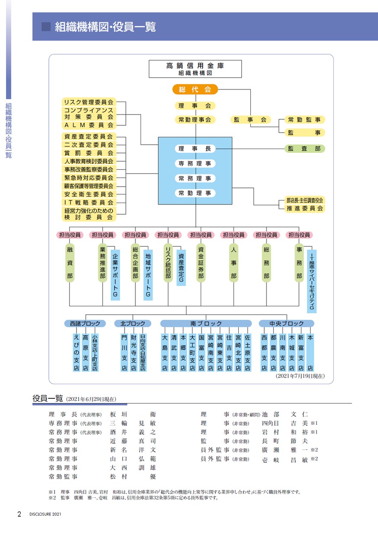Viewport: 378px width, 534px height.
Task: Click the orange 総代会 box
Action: click(195, 89)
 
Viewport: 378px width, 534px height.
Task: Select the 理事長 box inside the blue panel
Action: click(195, 149)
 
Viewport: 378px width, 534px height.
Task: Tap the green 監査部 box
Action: click(305, 149)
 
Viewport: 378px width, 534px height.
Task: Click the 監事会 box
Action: click(250, 119)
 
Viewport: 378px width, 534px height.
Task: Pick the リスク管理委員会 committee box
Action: click(89, 102)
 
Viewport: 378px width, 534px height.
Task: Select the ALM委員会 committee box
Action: click(89, 125)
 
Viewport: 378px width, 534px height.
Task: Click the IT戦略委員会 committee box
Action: click(89, 202)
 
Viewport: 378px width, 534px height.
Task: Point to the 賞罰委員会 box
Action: click(89, 153)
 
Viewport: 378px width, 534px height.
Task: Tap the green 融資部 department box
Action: click(70, 263)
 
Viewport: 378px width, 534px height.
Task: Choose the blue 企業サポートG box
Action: click(115, 275)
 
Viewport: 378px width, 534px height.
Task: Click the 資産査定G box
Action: click(181, 268)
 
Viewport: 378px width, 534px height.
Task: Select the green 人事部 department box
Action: click(234, 263)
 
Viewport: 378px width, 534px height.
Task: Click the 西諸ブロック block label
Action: click(85, 324)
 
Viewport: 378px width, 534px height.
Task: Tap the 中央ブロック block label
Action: click(286, 324)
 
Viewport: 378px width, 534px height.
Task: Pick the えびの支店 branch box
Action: click(77, 353)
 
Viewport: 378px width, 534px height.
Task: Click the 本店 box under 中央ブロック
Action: click(310, 353)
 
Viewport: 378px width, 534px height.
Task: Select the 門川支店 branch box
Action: click(124, 353)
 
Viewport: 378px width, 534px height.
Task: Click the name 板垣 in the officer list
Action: click(119, 414)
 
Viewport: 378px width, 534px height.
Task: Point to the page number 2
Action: click(19, 514)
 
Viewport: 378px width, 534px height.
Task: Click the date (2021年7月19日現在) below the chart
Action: click(300, 376)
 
